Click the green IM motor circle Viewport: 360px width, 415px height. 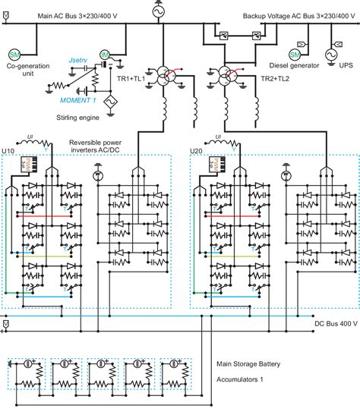tap(105, 55)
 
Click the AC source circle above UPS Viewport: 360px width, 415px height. tap(332, 55)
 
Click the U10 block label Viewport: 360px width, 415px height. tap(10, 151)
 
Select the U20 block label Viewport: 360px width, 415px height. tap(196, 151)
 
